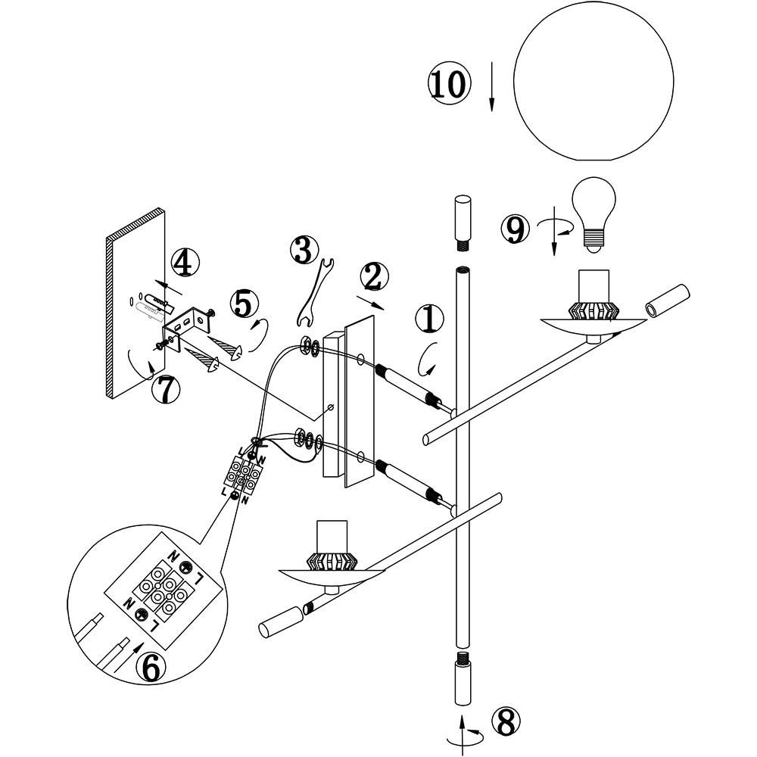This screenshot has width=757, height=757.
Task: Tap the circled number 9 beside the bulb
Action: [x=516, y=228]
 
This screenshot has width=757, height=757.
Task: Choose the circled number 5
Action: [x=242, y=304]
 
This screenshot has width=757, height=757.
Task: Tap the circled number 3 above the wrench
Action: [x=303, y=249]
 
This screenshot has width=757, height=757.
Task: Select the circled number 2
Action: [x=375, y=278]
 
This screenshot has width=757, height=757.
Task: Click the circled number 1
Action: [x=429, y=320]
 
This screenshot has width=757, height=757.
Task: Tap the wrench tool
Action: [x=313, y=291]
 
